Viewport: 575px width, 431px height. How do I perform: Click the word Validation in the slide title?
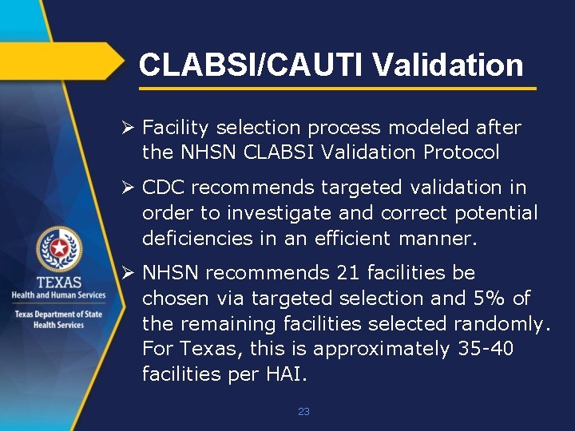[x=447, y=65]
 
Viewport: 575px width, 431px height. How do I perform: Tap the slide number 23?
[x=303, y=412]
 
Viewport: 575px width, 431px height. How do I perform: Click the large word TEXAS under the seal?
[x=58, y=282]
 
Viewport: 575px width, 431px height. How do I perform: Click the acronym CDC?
[x=164, y=188]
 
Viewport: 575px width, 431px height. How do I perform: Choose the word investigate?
[x=272, y=212]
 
